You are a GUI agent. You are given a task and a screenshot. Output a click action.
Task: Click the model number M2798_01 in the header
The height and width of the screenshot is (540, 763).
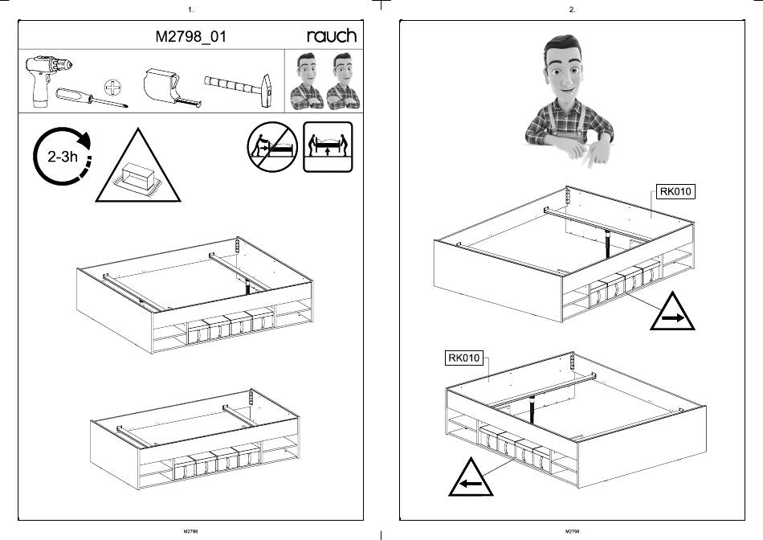pos(191,36)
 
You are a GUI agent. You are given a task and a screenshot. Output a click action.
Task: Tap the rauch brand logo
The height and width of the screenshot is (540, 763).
pos(332,35)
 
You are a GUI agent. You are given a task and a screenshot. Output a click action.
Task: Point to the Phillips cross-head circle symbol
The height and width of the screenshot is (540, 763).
pos(113,88)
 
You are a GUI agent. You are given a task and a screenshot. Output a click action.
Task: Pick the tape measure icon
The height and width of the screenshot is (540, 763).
pos(171,88)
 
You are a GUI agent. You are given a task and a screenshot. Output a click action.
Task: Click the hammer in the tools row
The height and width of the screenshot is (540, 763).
pos(239,89)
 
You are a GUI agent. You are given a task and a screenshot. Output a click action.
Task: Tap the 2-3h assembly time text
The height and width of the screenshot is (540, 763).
pos(63,157)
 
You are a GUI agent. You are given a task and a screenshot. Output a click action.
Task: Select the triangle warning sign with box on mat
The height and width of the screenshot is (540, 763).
pos(138,166)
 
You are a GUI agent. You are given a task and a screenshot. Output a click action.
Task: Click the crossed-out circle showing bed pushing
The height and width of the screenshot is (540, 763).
pos(272,146)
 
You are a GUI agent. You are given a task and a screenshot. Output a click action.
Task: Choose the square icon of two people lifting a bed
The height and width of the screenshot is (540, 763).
pos(328,146)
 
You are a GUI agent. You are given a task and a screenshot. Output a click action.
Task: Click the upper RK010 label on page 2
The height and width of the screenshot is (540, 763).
pos(675,191)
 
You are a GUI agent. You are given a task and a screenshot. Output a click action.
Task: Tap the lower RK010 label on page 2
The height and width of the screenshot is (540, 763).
pos(463,358)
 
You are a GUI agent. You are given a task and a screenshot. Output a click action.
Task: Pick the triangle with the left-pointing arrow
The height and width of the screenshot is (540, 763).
pos(471,477)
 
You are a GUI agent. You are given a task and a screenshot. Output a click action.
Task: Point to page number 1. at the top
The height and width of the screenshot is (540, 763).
pos(191,10)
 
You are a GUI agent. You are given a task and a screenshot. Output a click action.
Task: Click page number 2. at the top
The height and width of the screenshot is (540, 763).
pos(572,10)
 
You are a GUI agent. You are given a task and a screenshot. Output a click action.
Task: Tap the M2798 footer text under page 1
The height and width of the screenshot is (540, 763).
pos(191,531)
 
